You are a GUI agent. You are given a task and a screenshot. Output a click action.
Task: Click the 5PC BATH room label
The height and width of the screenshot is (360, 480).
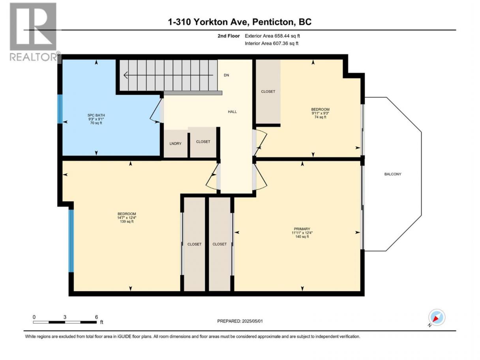point(96,115)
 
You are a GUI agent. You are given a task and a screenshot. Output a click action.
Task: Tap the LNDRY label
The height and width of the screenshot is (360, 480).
point(175,144)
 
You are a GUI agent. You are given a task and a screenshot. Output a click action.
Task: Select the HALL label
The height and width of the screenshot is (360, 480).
point(232,112)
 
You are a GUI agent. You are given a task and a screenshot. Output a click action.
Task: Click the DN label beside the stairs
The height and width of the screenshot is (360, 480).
point(226,75)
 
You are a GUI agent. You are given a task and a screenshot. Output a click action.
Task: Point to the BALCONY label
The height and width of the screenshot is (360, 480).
point(393,174)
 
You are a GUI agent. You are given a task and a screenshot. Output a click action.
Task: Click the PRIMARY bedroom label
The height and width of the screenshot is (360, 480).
point(302,229)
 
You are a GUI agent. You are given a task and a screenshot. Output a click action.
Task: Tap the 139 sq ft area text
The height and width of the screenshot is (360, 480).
point(127,221)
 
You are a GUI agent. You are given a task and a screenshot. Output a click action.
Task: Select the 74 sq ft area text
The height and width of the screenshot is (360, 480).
point(321,117)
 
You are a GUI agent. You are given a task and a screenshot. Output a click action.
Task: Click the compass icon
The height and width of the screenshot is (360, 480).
point(437,317)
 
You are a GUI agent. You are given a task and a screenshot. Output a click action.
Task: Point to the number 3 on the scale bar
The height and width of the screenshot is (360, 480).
point(65,317)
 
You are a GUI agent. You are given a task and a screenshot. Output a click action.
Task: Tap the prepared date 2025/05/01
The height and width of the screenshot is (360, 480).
point(252,321)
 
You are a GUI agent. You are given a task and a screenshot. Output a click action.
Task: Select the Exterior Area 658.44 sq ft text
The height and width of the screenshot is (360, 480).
point(272,36)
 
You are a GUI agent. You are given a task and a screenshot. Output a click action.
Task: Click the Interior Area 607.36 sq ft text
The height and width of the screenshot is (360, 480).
point(271,43)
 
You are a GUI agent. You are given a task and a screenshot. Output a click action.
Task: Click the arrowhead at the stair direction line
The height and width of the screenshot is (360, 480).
point(126,75)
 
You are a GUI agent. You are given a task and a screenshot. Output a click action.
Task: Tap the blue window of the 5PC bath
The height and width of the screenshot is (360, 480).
point(60,109)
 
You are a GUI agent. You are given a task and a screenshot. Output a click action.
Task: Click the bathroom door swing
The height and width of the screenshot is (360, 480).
point(157,111)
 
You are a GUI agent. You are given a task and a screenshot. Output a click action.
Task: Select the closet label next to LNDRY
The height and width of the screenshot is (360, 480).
point(203,142)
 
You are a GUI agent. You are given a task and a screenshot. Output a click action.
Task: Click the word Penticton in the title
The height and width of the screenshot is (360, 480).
point(272,22)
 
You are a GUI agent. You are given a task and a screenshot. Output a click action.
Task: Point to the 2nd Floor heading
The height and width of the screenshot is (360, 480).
point(229,36)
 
